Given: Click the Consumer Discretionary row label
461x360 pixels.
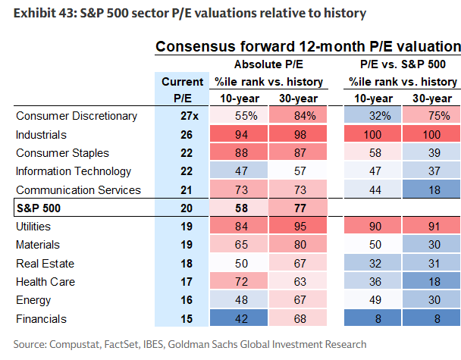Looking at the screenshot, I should coord(77,116).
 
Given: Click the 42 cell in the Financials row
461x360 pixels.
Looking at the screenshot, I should coord(241,319).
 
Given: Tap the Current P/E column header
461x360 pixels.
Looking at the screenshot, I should coord(183,89).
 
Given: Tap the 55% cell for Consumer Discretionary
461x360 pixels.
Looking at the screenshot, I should coord(241,116).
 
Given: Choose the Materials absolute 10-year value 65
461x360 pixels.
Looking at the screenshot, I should coord(241,245).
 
